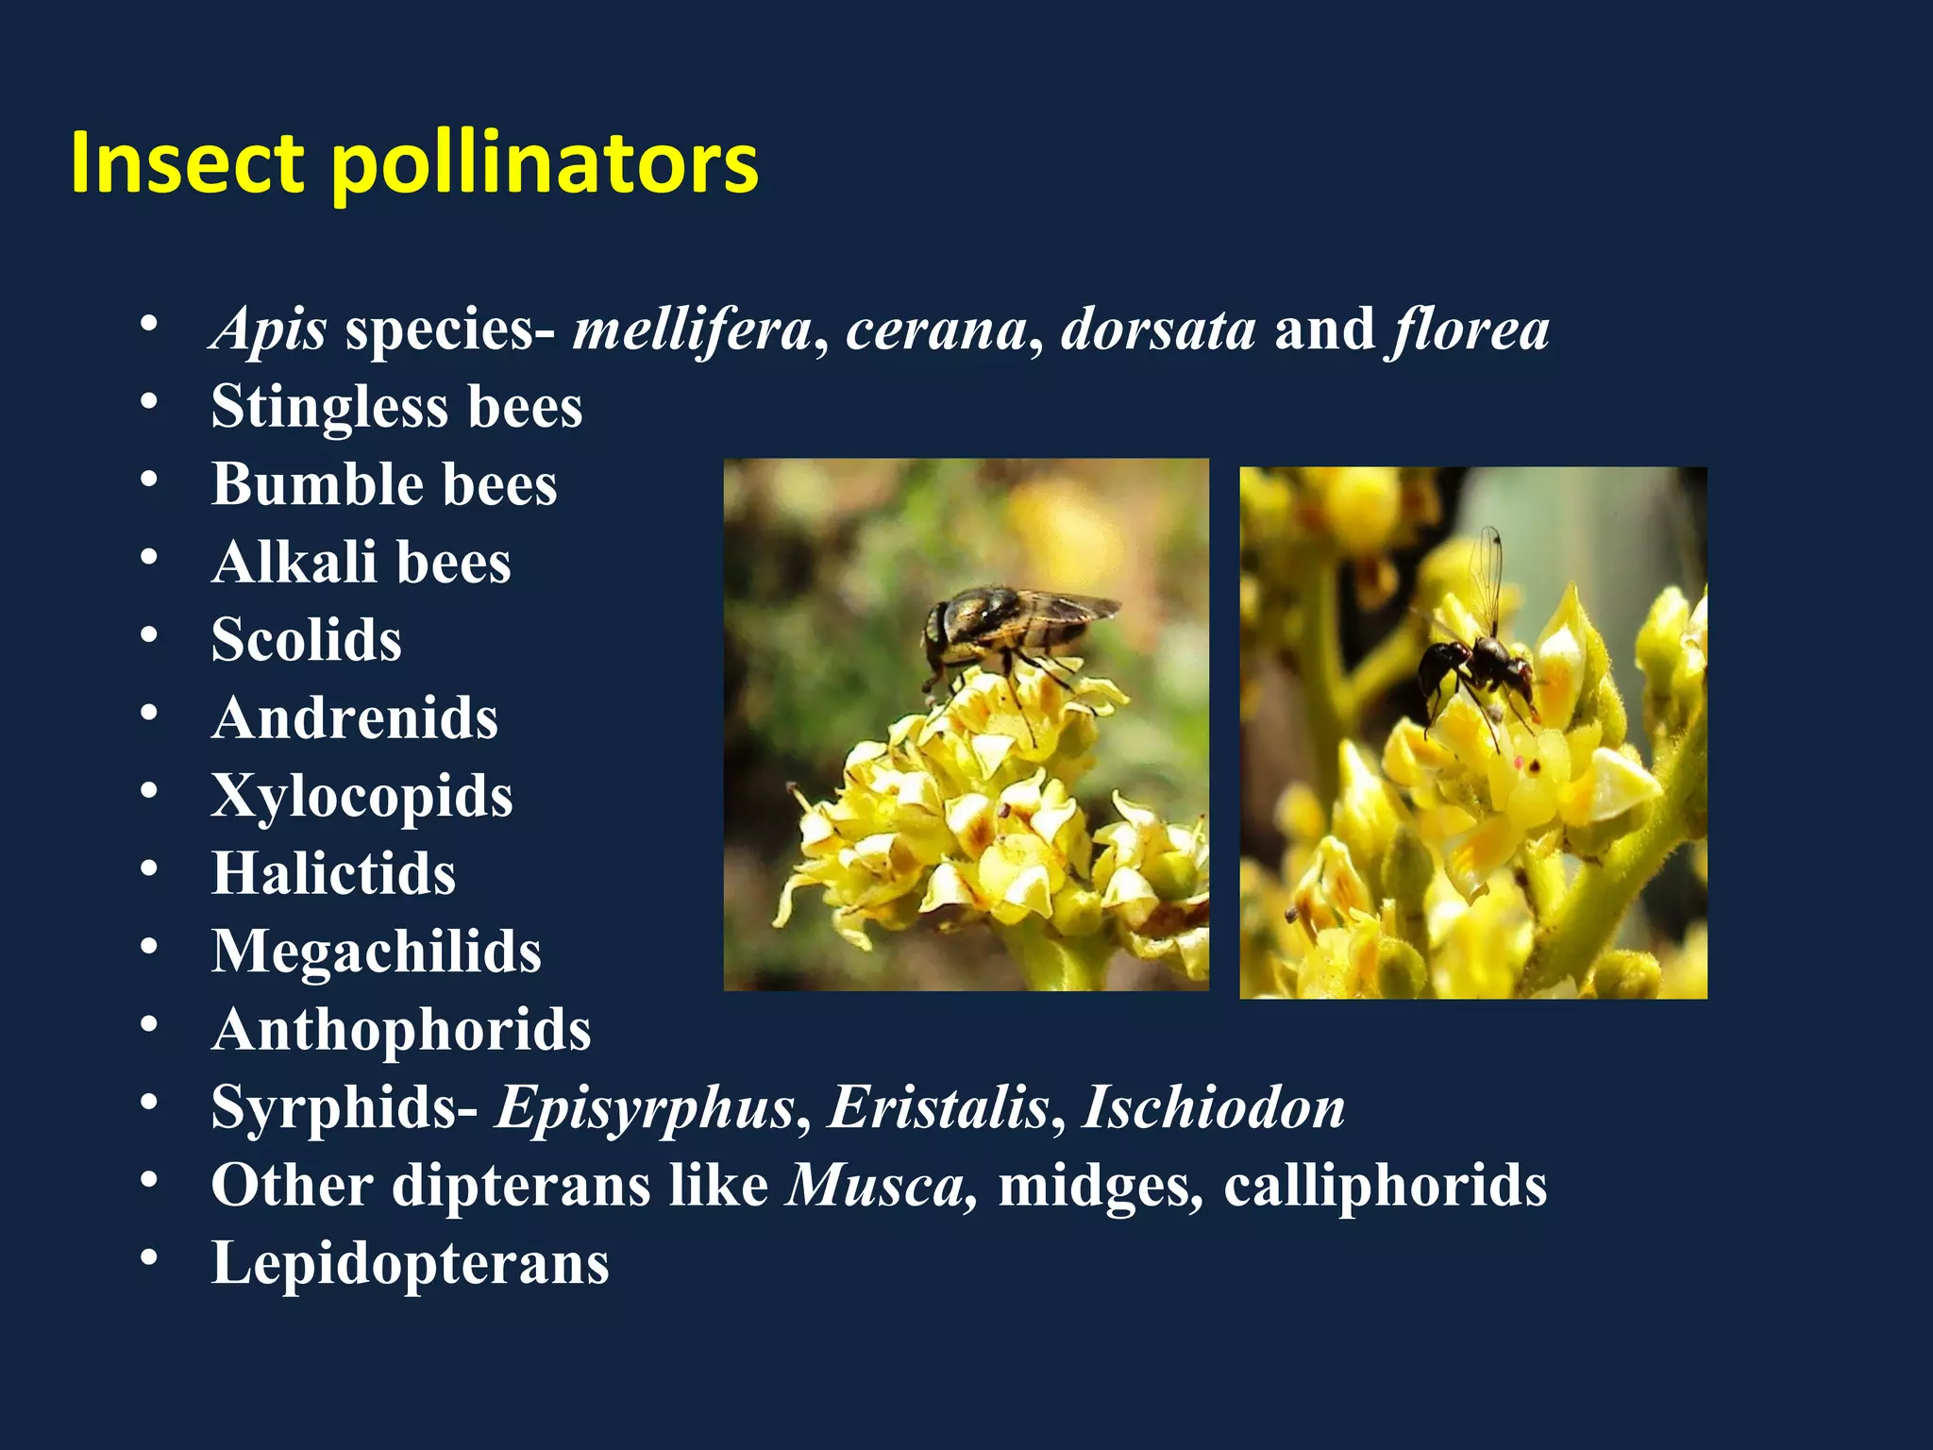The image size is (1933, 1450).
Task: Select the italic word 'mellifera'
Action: [x=692, y=329]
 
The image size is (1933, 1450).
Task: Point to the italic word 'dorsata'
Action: [x=1158, y=329]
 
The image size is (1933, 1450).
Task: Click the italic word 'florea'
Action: [x=1469, y=329]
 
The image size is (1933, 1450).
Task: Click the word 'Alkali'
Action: [x=294, y=563]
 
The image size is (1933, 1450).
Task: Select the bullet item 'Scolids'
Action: [x=306, y=640]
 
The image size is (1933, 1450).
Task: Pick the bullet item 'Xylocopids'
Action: [x=361, y=796]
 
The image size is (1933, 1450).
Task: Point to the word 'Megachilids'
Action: [x=376, y=951]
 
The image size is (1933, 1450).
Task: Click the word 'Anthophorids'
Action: [x=401, y=1029]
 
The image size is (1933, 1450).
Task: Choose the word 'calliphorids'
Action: [x=1385, y=1186]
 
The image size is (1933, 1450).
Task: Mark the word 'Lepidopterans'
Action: [x=410, y=1263]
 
